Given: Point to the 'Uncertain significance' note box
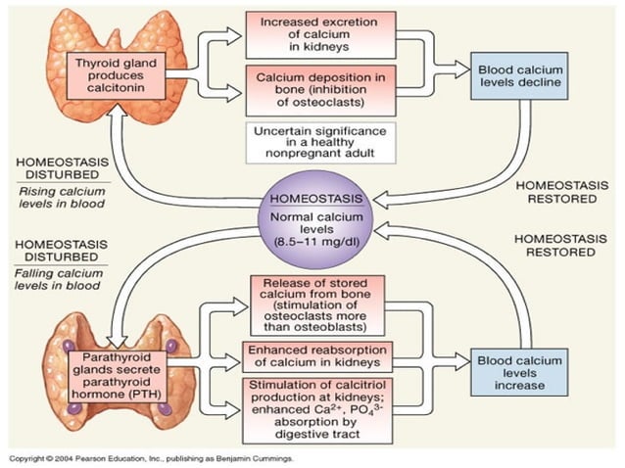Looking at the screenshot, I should tap(320, 142).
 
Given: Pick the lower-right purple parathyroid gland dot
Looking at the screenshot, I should tap(164, 408).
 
